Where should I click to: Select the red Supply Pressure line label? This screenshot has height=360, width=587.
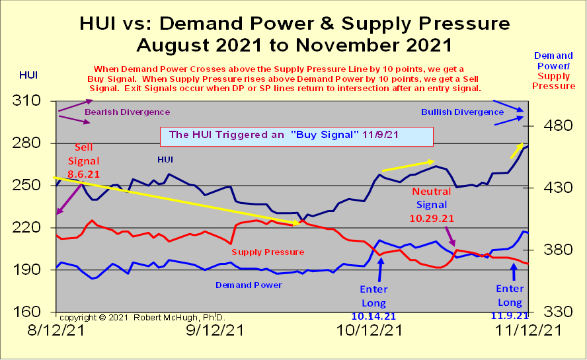pyautogui.click(x=268, y=252)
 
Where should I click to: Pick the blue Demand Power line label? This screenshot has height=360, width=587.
pyautogui.click(x=249, y=285)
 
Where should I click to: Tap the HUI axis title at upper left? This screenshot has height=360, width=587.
pyautogui.click(x=28, y=75)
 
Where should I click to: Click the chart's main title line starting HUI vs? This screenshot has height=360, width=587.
pyautogui.click(x=294, y=24)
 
